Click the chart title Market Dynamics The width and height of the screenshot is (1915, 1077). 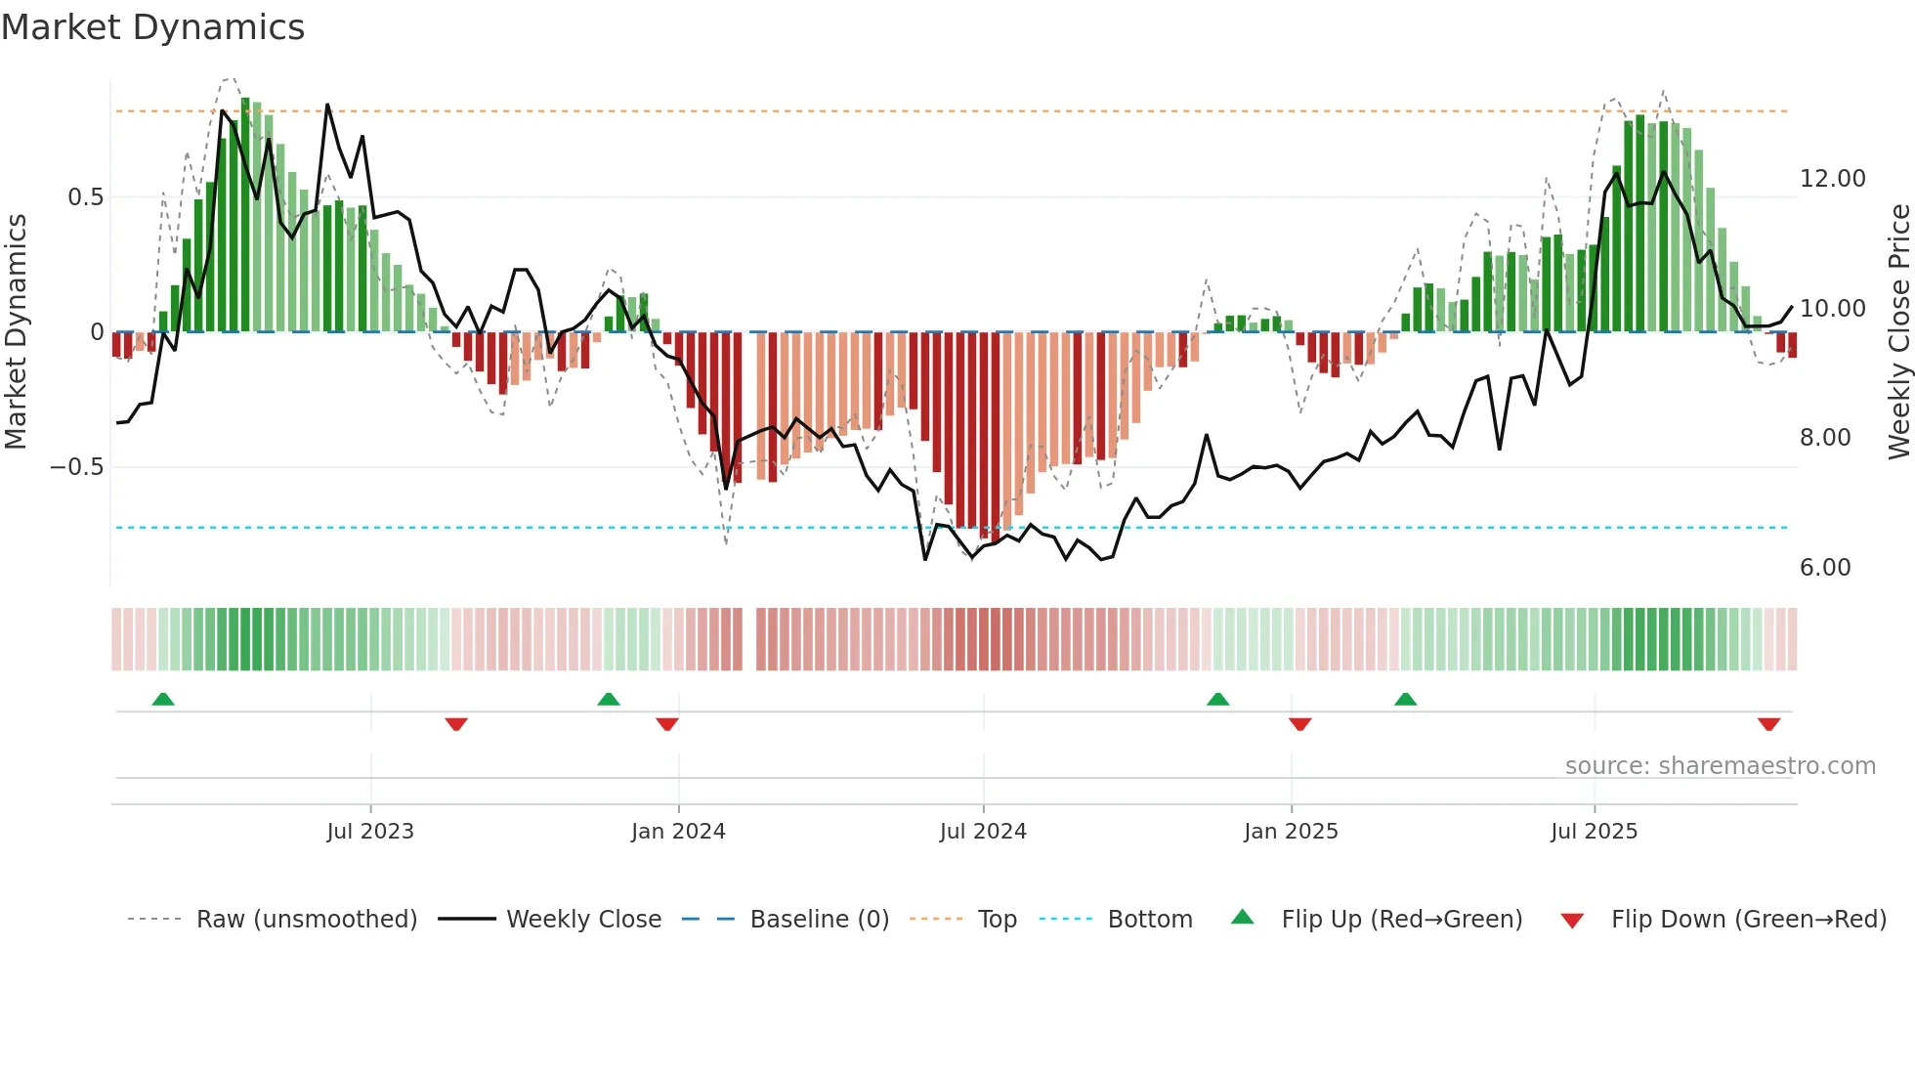[152, 27]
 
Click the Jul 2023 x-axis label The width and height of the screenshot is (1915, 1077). [370, 832]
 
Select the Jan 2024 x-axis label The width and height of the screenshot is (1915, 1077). [678, 832]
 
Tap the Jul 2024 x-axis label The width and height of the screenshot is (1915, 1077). [983, 832]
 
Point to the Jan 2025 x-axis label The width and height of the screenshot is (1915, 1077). [1291, 832]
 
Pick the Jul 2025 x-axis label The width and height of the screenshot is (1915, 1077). [1594, 832]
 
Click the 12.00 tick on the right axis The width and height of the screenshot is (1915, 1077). [1832, 179]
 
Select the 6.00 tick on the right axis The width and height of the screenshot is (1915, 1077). [1825, 568]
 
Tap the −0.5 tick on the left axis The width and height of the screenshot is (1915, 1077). [76, 467]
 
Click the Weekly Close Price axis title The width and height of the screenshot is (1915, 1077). [1898, 331]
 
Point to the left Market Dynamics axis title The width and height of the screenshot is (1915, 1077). [16, 331]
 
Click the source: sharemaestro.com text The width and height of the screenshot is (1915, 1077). [1720, 766]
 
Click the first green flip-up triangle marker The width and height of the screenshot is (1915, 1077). [163, 700]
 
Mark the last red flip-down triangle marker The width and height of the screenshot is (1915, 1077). [1768, 724]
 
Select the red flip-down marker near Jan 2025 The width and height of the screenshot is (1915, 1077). [1299, 724]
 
